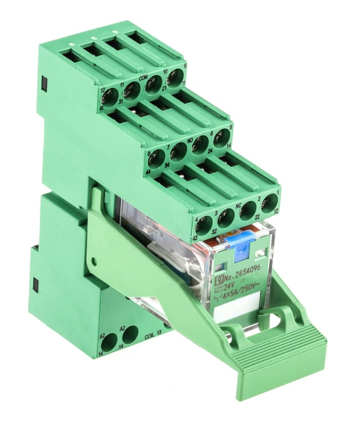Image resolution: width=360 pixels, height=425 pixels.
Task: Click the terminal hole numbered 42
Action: pyautogui.click(x=204, y=225)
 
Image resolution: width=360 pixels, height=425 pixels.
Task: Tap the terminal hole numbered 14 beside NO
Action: pyautogui.click(x=222, y=138)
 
